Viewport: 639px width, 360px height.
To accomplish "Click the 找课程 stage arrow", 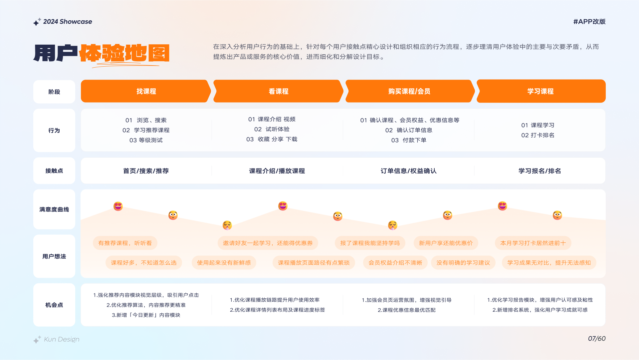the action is (146, 91).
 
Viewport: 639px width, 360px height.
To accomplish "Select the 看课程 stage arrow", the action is (278, 91).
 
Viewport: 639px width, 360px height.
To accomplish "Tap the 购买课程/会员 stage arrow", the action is (409, 91).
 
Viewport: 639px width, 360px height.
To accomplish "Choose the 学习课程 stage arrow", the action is (540, 91).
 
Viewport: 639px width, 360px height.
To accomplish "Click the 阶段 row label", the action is (54, 92).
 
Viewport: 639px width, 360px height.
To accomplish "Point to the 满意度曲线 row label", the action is (54, 209).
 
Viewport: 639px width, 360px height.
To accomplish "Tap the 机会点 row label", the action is (54, 305).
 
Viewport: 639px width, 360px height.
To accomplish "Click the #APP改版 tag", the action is (589, 22).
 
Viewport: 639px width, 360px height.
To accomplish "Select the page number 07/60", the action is (597, 339).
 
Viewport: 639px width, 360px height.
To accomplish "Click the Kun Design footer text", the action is (62, 339).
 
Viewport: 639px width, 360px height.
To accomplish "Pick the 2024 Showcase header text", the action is (68, 22).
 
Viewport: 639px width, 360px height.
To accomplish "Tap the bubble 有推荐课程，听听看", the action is (125, 243).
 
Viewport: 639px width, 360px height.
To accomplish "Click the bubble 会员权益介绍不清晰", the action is (395, 263).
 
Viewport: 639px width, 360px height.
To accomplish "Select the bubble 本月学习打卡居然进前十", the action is (533, 243).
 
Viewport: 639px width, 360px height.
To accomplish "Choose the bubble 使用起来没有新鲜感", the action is (224, 263).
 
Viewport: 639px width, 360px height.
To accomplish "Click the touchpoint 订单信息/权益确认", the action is (408, 171).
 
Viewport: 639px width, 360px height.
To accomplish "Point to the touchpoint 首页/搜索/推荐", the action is (146, 171).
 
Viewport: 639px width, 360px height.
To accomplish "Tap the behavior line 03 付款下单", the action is (409, 140).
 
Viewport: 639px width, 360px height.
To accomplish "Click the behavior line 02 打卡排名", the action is (538, 135).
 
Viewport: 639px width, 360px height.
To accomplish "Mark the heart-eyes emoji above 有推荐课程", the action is (118, 206).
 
